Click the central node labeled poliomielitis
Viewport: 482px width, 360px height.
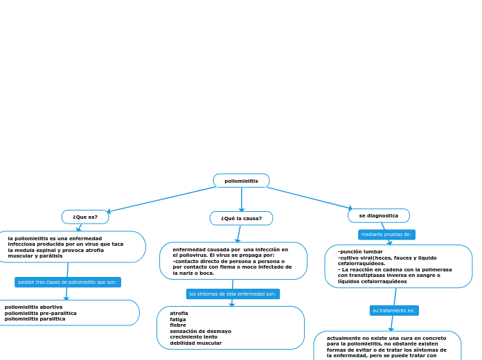pyautogui.click(x=241, y=181)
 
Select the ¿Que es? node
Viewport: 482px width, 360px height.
pyautogui.click(x=85, y=217)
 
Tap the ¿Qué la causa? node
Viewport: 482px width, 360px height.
pyautogui.click(x=241, y=218)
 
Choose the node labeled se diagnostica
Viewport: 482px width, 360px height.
pyautogui.click(x=378, y=215)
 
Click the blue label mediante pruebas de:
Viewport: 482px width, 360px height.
pyautogui.click(x=386, y=235)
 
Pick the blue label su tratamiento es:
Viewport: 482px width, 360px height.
pyautogui.click(x=393, y=310)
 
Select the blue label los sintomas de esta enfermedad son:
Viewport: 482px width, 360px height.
pyautogui.click(x=233, y=294)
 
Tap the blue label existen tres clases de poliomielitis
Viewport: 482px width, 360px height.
pyautogui.click(x=67, y=282)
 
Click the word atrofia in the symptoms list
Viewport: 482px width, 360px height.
pyautogui.click(x=179, y=313)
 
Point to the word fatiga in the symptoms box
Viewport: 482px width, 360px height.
pyautogui.click(x=178, y=319)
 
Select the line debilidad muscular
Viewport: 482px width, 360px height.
pyautogui.click(x=195, y=343)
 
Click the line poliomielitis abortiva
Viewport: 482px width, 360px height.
pyautogui.click(x=33, y=307)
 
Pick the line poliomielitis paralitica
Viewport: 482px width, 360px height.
pyautogui.click(x=35, y=318)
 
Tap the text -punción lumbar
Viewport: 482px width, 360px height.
pyautogui.click(x=360, y=251)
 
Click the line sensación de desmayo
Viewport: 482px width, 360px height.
pyautogui.click(x=200, y=331)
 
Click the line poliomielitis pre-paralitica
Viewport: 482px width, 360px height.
pyautogui.click(x=40, y=313)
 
